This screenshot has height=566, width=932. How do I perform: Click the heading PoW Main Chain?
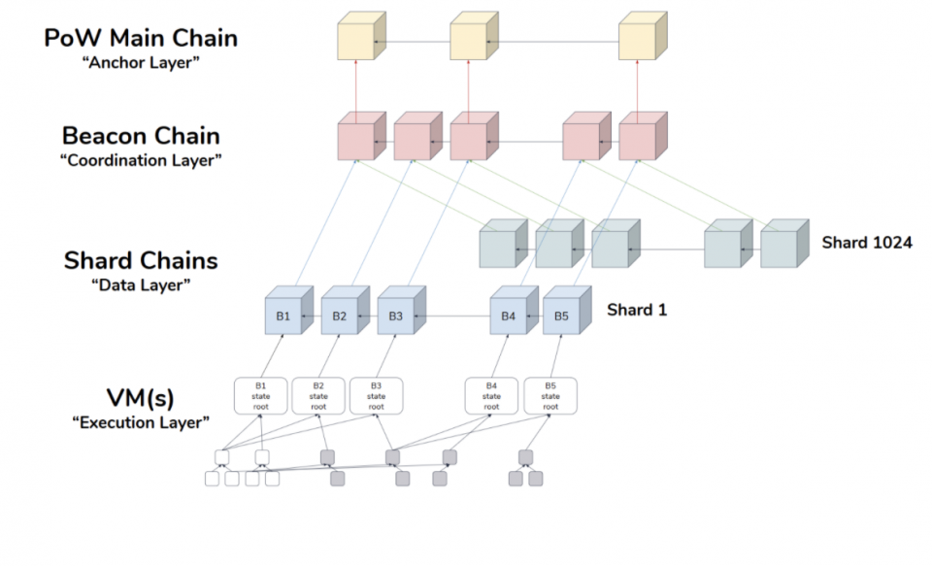point(141,39)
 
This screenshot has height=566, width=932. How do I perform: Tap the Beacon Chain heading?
point(141,135)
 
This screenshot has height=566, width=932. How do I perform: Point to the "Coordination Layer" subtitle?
point(142,160)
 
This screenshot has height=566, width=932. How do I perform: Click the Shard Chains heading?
point(141,260)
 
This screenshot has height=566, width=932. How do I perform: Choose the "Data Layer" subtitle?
point(141,284)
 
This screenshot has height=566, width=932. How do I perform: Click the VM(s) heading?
point(142,398)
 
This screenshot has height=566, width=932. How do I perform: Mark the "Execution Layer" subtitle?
point(142,422)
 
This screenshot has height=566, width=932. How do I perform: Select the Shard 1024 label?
point(867,243)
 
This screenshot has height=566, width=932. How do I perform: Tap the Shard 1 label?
point(637,311)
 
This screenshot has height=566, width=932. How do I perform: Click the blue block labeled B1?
point(283,316)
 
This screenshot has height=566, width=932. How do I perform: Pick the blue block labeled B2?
point(339,316)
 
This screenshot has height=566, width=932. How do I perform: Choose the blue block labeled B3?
point(395,316)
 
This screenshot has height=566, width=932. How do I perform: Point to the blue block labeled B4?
point(508,316)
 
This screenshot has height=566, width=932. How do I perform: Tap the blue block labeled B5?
point(561,316)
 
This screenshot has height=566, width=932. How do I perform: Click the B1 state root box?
point(261,395)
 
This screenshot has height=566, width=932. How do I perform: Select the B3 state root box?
point(376,395)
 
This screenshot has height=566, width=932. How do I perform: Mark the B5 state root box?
point(550,395)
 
